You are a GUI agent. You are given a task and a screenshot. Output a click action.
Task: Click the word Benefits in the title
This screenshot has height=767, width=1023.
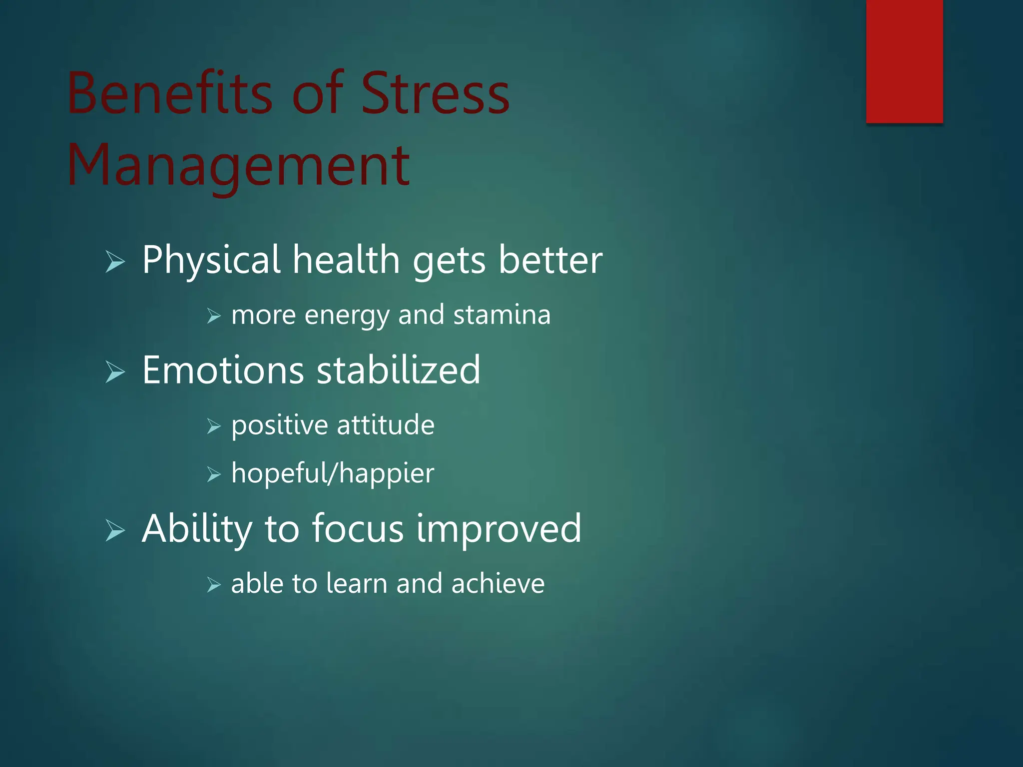coord(170,93)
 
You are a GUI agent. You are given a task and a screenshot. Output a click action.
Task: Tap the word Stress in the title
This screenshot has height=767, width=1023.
coord(435,93)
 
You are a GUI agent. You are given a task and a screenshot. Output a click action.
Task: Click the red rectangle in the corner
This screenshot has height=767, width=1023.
coord(904,61)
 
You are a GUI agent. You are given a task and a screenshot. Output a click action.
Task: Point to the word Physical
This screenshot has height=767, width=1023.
coord(211,260)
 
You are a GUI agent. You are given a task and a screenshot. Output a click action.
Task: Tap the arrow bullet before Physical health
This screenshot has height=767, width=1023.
coord(115,262)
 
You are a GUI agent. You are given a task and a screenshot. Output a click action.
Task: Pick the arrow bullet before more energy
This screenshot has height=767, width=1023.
coord(214,316)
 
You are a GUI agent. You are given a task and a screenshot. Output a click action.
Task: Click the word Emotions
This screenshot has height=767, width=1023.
coord(223,370)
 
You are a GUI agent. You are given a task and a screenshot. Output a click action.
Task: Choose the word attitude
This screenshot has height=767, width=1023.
coord(386,425)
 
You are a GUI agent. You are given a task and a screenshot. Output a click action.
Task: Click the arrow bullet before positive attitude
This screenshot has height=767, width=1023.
coord(214,426)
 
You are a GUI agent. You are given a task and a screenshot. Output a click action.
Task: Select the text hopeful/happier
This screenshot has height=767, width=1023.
coord(333,474)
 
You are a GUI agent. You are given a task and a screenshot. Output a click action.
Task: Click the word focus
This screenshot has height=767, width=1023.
coord(358,528)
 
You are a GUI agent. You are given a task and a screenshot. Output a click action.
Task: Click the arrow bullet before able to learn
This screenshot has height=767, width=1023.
coord(214,585)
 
